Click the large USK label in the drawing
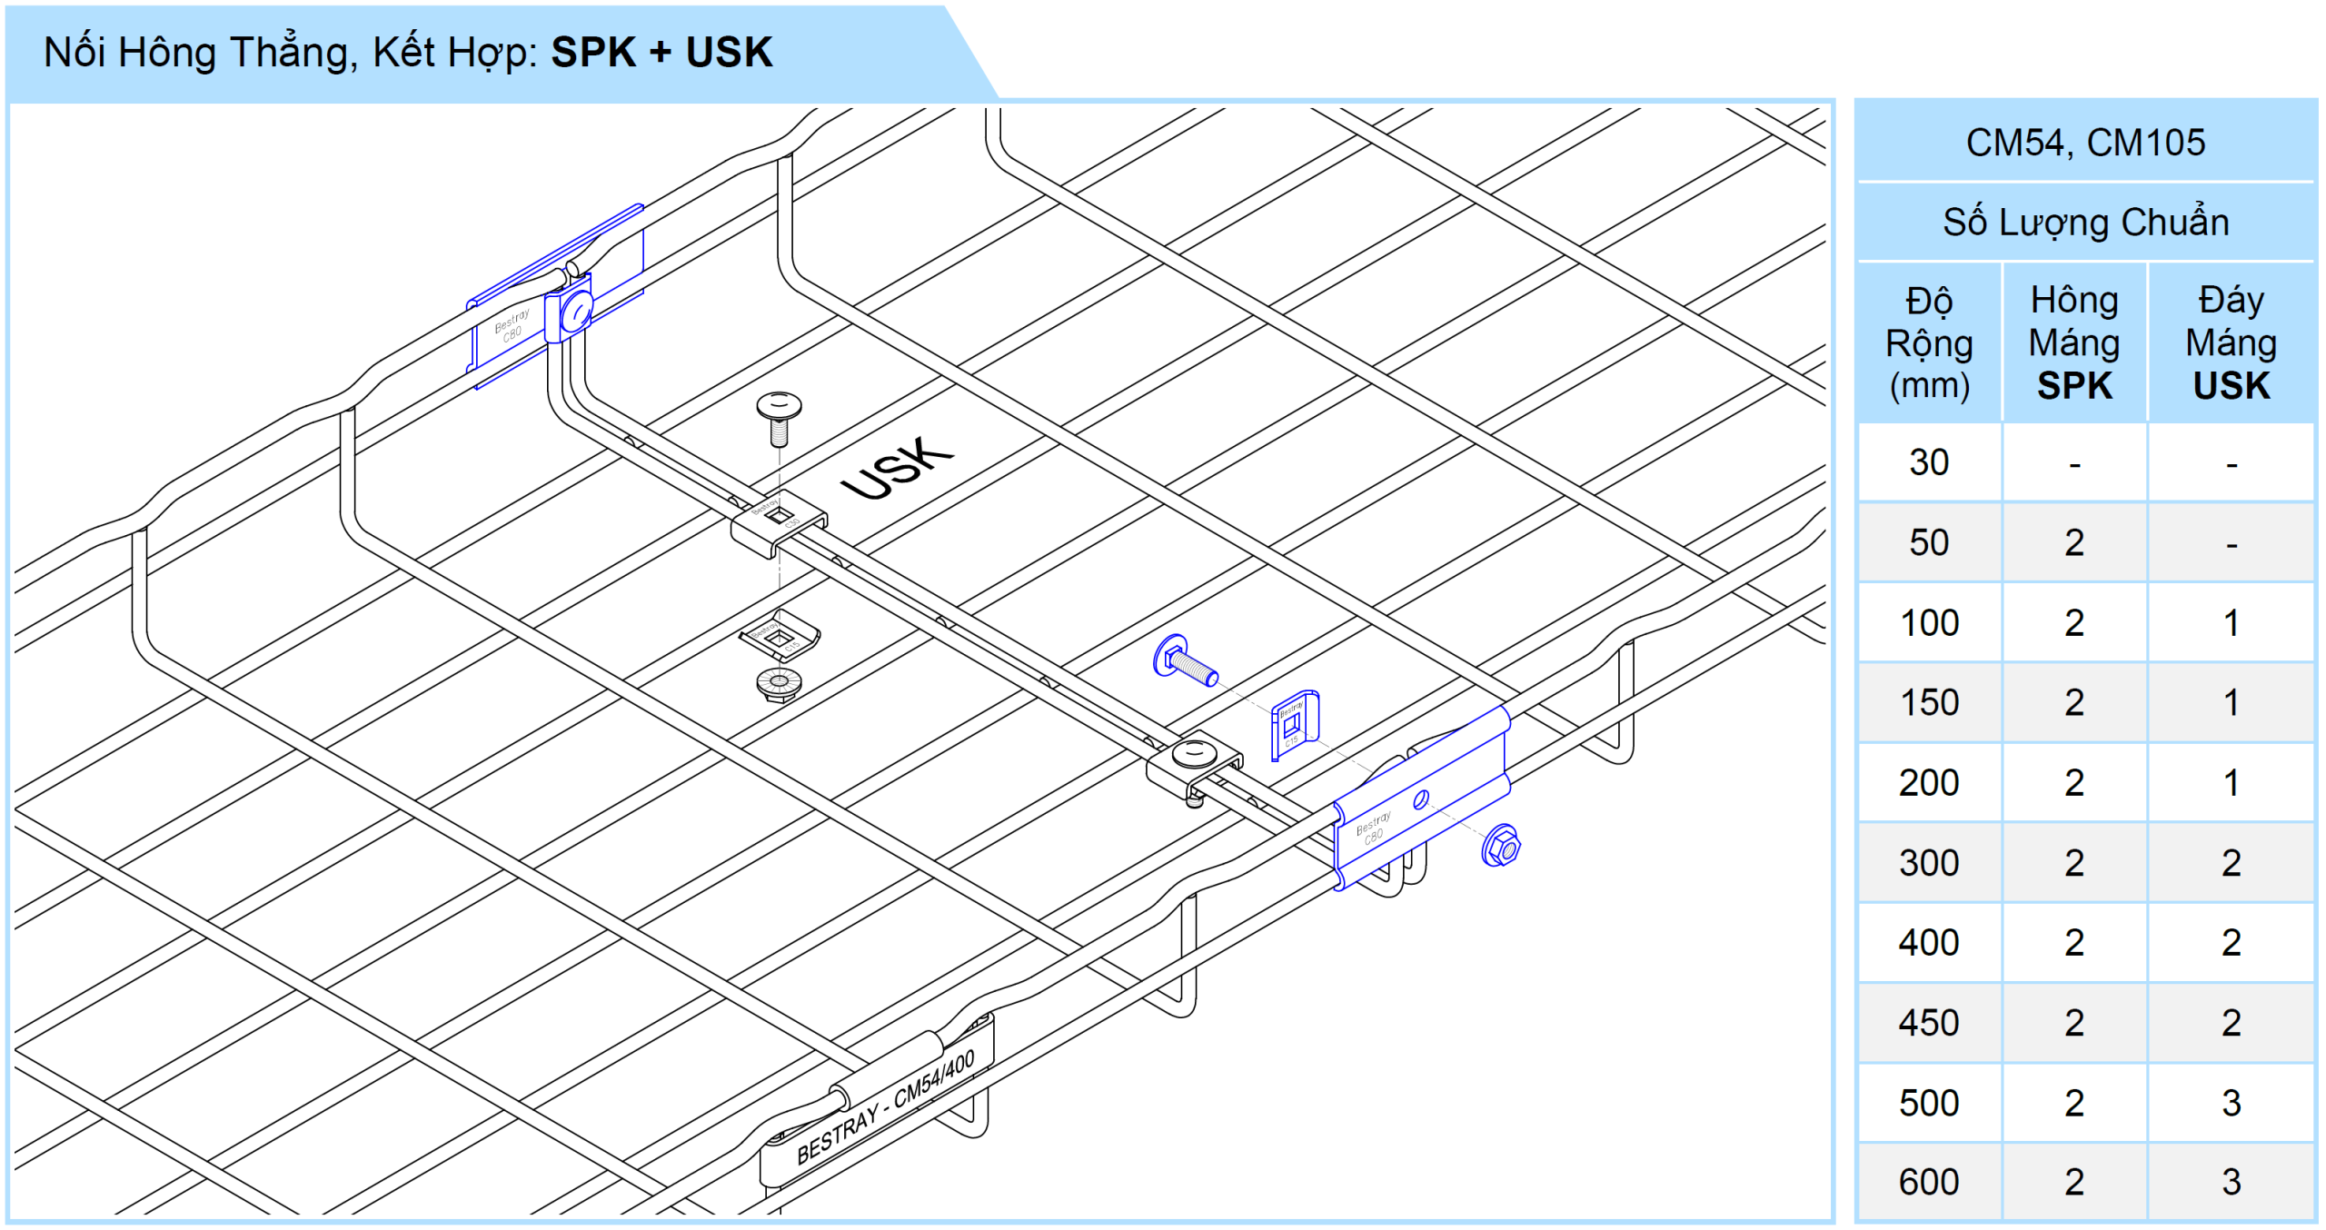(897, 468)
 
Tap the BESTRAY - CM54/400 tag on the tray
(885, 1109)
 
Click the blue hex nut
(1501, 847)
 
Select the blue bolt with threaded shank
(1185, 661)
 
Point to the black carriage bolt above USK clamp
(779, 416)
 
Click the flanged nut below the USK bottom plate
(779, 684)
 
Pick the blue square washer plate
(1294, 724)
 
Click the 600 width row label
(1928, 1182)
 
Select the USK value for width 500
(2231, 1103)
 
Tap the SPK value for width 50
(2073, 542)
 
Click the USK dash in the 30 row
(2231, 464)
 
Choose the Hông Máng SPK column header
(2073, 342)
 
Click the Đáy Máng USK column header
(2231, 342)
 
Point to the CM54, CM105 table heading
(2085, 143)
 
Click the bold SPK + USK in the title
(661, 53)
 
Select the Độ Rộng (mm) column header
(1928, 342)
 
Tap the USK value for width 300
(2231, 863)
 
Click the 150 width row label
(1928, 703)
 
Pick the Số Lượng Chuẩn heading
(2085, 223)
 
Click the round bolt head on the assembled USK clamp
(1193, 753)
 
